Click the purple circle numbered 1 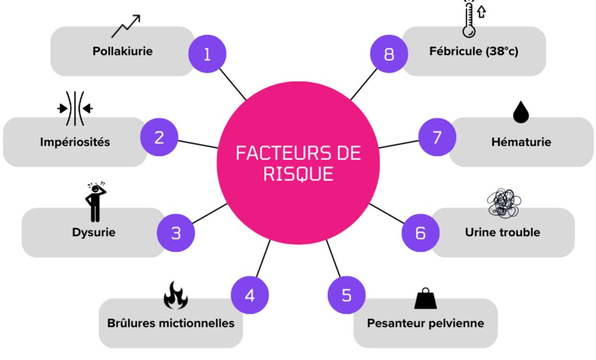click(207, 54)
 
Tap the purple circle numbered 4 click(250, 295)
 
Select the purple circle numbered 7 click(437, 137)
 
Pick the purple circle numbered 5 click(346, 295)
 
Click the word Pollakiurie click(122, 51)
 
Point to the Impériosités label click(75, 142)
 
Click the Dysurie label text click(93, 232)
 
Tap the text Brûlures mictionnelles click(171, 323)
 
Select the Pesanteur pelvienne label click(425, 323)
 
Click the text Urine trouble click(502, 232)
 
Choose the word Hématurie click(521, 142)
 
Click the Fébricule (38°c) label click(473, 51)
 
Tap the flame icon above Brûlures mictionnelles click(176, 295)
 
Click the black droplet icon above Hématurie click(521, 113)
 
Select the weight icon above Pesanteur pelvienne click(425, 298)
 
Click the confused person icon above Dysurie click(94, 202)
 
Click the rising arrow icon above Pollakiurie click(126, 26)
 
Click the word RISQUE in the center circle click(298, 173)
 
